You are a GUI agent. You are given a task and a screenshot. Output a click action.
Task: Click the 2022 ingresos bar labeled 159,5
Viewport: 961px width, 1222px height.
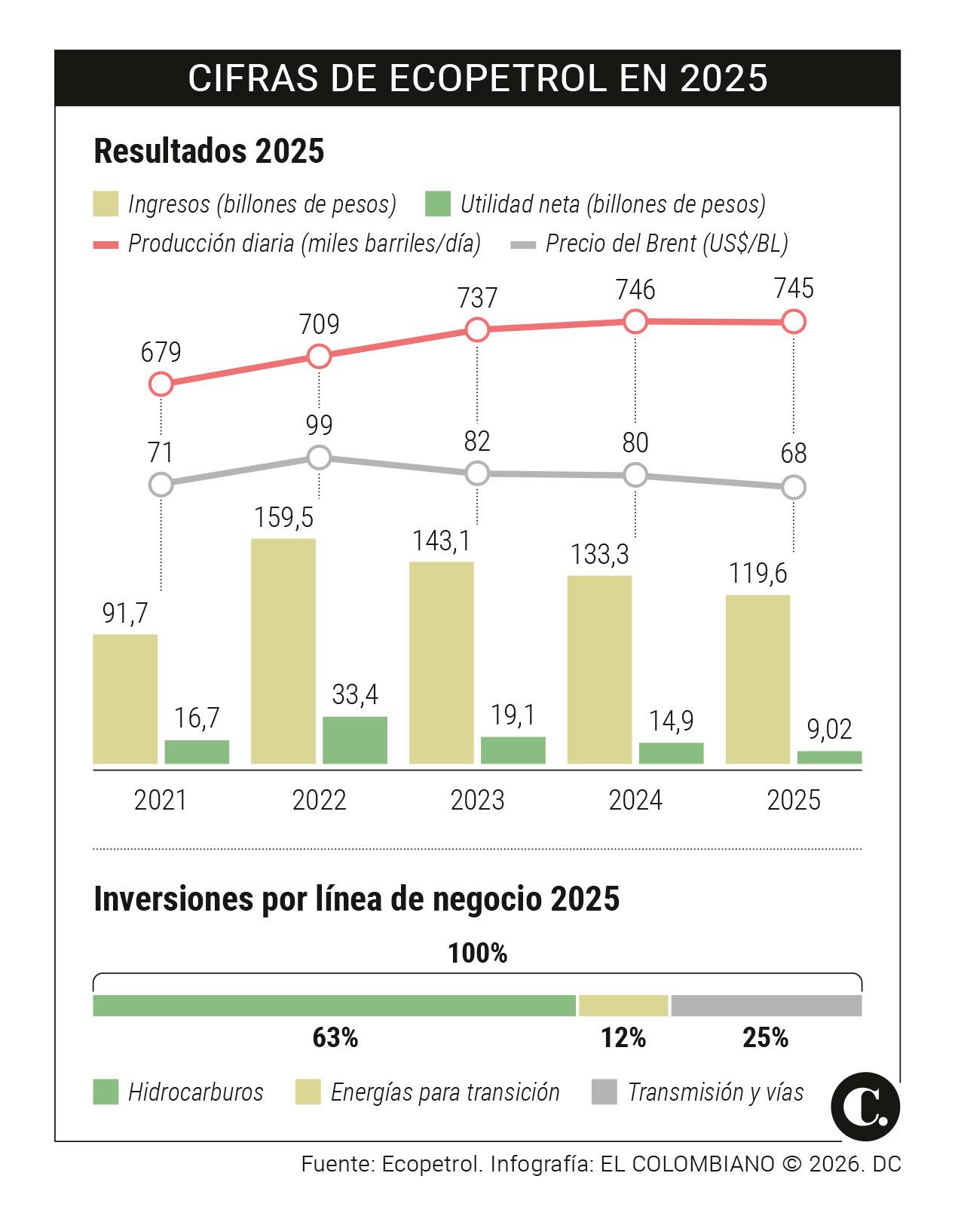click(x=283, y=651)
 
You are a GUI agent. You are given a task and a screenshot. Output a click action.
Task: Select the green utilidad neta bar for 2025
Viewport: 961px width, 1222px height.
click(x=829, y=757)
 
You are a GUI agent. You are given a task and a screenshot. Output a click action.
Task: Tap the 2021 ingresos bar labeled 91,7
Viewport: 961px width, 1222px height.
click(x=125, y=699)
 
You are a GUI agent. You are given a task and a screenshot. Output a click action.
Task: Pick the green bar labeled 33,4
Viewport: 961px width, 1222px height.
click(x=355, y=740)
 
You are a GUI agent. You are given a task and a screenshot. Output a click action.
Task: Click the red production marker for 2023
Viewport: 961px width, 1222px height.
click(x=477, y=329)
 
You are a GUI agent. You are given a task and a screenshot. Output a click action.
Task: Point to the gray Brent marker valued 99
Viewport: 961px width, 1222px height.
click(x=319, y=457)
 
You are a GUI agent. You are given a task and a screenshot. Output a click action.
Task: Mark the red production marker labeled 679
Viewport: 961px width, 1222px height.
click(x=161, y=384)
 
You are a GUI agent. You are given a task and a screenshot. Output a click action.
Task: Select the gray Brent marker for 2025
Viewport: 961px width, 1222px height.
click(x=794, y=487)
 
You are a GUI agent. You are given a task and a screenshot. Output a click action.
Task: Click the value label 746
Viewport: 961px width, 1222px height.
click(x=635, y=290)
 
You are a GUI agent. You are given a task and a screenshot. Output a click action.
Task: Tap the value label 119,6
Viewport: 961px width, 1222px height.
click(x=757, y=574)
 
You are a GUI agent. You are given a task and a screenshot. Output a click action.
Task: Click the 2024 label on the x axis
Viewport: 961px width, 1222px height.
click(x=635, y=800)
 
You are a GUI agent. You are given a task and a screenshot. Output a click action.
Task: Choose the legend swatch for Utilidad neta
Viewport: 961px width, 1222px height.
click(x=437, y=204)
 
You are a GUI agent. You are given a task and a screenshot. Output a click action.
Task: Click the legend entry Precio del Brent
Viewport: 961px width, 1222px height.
click(x=666, y=243)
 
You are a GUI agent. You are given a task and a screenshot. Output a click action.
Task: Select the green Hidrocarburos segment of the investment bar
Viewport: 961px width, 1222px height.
click(x=334, y=1006)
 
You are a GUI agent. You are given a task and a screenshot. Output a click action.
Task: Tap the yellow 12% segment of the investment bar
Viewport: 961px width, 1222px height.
click(x=623, y=1006)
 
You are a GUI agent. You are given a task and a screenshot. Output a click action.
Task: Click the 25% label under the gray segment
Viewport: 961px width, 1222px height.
click(x=765, y=1038)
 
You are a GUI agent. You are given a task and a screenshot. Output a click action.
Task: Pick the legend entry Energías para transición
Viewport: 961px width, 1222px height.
click(x=445, y=1092)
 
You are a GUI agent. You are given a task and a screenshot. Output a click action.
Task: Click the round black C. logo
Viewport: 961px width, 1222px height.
click(x=865, y=1107)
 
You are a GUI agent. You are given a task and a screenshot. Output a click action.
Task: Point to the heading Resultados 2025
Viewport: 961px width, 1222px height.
click(x=209, y=151)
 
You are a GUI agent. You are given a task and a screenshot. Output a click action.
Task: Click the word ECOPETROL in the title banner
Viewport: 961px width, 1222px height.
click(x=497, y=78)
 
